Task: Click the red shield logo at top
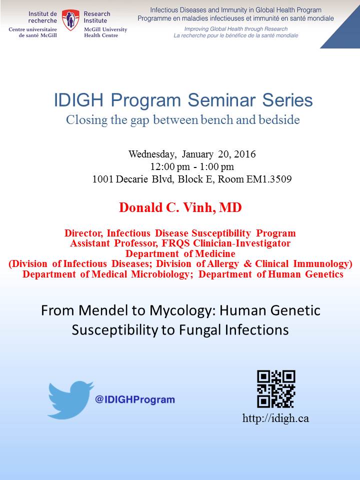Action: pos(70,19)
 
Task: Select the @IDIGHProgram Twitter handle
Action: pos(135,399)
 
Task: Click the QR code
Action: pos(276,389)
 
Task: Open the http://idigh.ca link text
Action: pos(275,418)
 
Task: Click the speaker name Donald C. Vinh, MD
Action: pos(180,207)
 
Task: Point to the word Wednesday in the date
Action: pos(152,154)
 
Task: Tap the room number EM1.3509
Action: pos(269,179)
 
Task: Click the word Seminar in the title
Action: pos(221,100)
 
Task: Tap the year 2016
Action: pos(245,154)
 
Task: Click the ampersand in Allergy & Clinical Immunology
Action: pos(247,264)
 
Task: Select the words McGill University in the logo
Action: pos(105,29)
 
